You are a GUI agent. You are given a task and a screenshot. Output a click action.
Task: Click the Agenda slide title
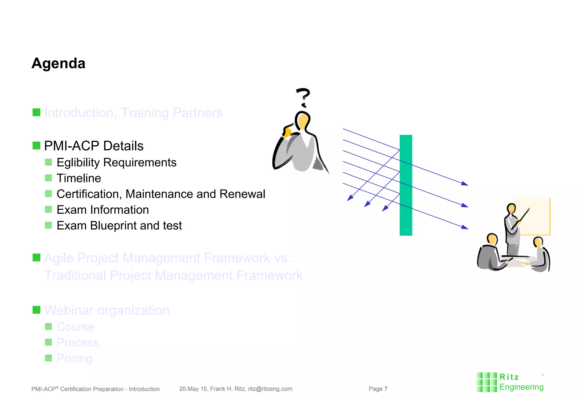pyautogui.click(x=58, y=63)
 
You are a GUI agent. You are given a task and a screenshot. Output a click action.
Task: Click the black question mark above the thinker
pyautogui.click(x=303, y=97)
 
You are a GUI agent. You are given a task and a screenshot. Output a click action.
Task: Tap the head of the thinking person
pyautogui.click(x=303, y=120)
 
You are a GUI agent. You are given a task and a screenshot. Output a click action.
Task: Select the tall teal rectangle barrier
pyautogui.click(x=406, y=185)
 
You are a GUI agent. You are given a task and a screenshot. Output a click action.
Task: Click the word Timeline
pyautogui.click(x=79, y=178)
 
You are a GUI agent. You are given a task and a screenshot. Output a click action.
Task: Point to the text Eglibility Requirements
pyautogui.click(x=116, y=162)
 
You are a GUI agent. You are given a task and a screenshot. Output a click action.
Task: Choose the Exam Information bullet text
pyautogui.click(x=103, y=210)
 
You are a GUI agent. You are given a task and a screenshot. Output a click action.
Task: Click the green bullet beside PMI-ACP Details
pyautogui.click(x=36, y=146)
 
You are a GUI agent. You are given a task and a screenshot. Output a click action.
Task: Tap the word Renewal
pyautogui.click(x=242, y=194)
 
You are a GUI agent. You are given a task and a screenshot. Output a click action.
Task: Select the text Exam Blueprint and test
pyautogui.click(x=119, y=226)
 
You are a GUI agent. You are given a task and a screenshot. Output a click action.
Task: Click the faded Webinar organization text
pyautogui.click(x=107, y=310)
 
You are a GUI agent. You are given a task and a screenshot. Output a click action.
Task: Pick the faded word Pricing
pyautogui.click(x=74, y=358)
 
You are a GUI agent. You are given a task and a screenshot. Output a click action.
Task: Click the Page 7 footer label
pyautogui.click(x=378, y=389)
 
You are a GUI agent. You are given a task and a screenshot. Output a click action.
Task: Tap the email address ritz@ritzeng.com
pyautogui.click(x=270, y=389)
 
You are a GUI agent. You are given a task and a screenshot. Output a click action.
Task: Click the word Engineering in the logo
pyautogui.click(x=521, y=387)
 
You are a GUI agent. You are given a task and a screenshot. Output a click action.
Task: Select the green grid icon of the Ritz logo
pyautogui.click(x=486, y=382)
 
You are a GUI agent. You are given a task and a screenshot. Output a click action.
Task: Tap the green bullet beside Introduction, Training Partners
pyautogui.click(x=36, y=112)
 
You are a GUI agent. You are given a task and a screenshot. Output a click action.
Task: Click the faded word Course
pyautogui.click(x=76, y=327)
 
